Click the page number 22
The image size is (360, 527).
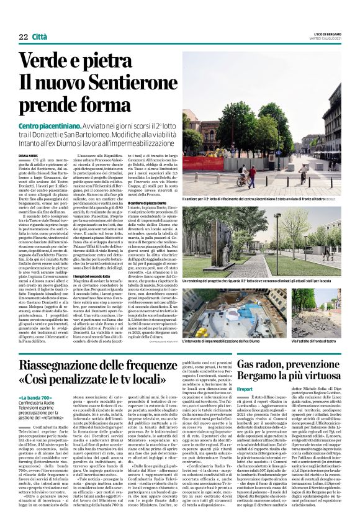pyautogui.click(x=24, y=37)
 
